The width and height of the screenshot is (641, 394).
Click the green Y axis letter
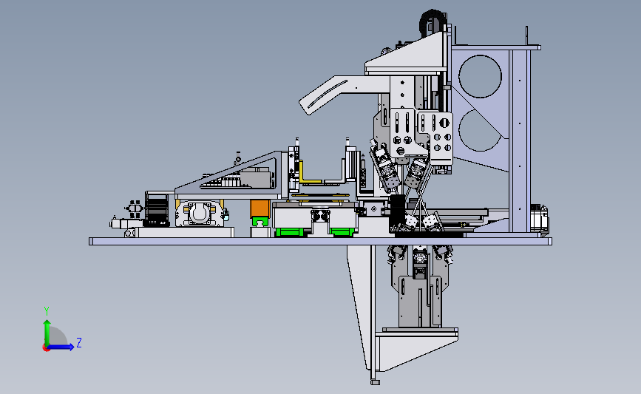[x=47, y=311]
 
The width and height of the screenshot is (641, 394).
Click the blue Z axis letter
[x=79, y=342]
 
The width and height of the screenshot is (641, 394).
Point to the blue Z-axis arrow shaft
[x=60, y=347]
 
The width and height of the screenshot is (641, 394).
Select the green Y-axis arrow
[x=47, y=333]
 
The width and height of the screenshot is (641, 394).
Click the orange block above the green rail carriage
[x=260, y=208]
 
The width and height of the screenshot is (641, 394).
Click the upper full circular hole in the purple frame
[x=480, y=76]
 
